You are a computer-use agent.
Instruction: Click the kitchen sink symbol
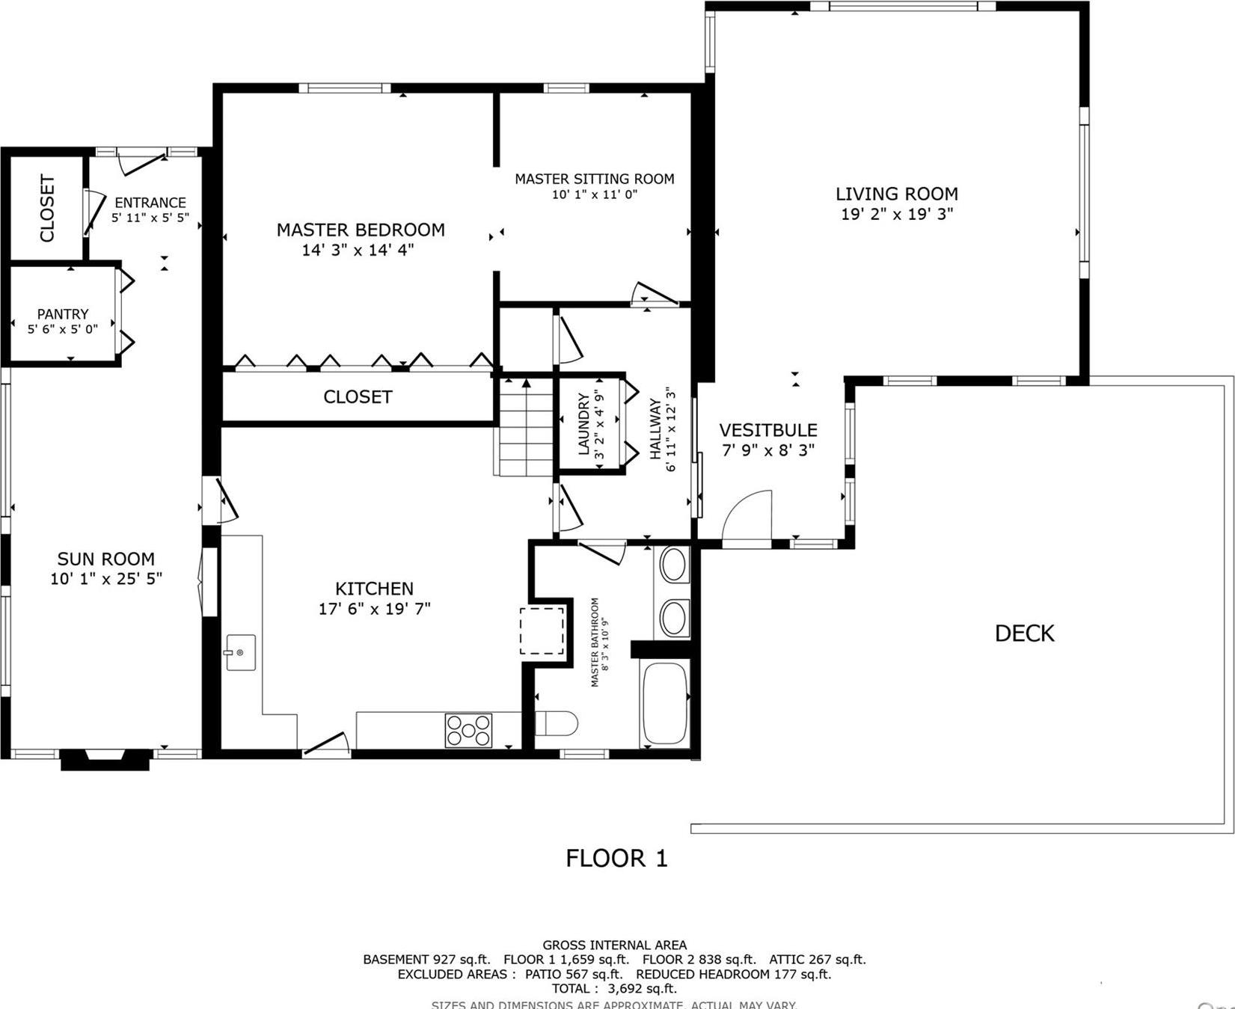[240, 652]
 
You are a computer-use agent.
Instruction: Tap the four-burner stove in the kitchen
[468, 731]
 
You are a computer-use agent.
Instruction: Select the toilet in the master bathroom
[557, 723]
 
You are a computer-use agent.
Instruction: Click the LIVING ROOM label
[896, 194]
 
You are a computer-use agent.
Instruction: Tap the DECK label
[1024, 634]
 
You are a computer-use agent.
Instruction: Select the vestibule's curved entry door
[747, 515]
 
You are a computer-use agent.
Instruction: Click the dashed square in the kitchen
[542, 631]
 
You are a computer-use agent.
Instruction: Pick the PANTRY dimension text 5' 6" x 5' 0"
[63, 329]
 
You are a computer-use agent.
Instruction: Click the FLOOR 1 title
[616, 858]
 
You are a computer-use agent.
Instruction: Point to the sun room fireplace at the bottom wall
[105, 758]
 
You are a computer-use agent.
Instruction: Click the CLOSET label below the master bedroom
[358, 397]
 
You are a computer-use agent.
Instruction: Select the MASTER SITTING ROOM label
[594, 179]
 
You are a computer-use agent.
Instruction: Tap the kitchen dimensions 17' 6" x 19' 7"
[374, 609]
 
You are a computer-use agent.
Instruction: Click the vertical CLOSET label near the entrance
[47, 208]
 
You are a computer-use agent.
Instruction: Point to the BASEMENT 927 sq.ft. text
[426, 960]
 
